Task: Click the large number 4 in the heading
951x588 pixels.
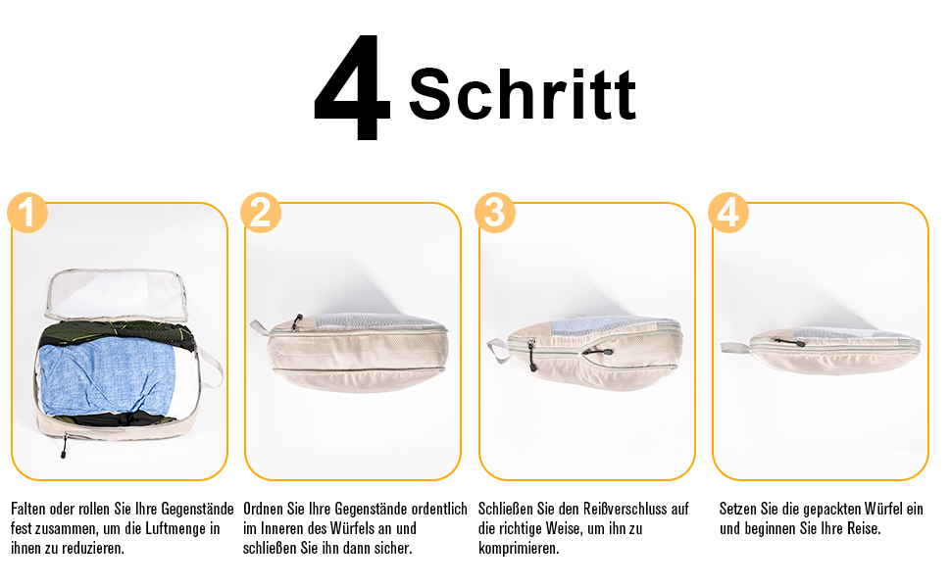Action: tap(352, 89)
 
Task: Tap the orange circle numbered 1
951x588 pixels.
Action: tap(27, 212)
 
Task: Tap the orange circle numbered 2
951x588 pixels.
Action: tap(261, 212)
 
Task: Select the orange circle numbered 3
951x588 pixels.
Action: tap(495, 212)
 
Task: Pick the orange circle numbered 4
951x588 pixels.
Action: tap(728, 212)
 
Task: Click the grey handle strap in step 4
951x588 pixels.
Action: tap(735, 346)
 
